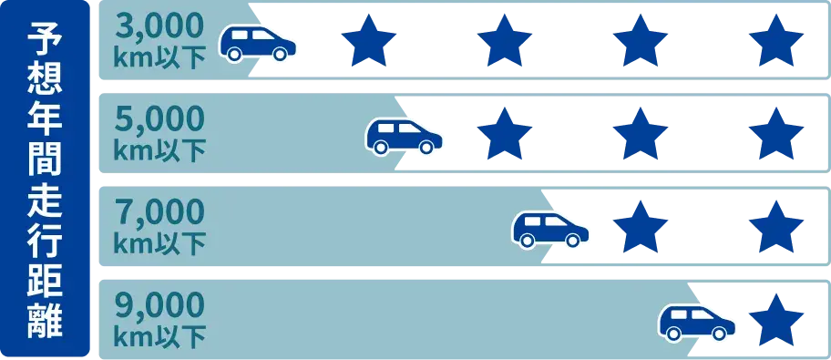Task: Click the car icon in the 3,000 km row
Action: coord(258,43)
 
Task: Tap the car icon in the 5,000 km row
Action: coord(404,136)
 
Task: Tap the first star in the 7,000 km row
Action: coord(641,227)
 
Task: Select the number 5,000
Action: coord(160,120)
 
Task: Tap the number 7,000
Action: coord(160,212)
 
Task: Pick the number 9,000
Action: coord(160,304)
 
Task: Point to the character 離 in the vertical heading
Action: coord(46,322)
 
